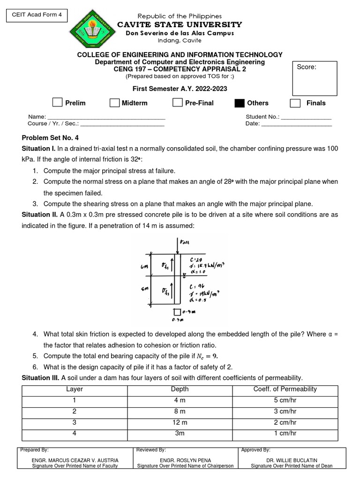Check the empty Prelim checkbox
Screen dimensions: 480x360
coord(57,103)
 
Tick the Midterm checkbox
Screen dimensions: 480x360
coord(114,103)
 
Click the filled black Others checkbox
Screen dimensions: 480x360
coord(239,103)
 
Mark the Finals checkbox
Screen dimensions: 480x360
coord(295,103)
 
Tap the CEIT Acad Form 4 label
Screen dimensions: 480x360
coord(36,15)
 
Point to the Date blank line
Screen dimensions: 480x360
coord(296,125)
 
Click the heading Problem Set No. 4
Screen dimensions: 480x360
coord(51,138)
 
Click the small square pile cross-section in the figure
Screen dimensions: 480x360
coord(176,312)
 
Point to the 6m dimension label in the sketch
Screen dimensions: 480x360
coord(144,267)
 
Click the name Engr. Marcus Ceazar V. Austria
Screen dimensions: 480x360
coord(75,460)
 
